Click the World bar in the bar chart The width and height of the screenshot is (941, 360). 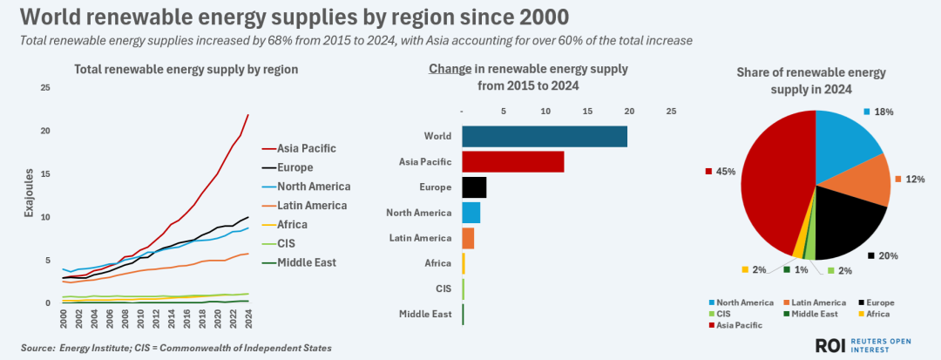point(544,136)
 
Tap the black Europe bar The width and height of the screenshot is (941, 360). point(473,187)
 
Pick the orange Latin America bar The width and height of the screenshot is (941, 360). point(468,237)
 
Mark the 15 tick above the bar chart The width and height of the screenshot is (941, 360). point(588,112)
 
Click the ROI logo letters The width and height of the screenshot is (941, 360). point(831,345)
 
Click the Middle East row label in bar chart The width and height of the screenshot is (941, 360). point(425,314)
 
